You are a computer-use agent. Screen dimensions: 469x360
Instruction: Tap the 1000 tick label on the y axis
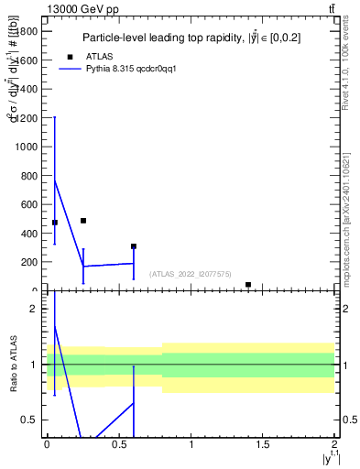[27, 147]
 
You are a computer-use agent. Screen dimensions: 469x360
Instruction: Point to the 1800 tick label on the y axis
[27, 31]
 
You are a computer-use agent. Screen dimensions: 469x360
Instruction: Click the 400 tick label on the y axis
[30, 234]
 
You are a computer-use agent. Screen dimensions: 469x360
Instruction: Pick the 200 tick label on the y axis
[30, 262]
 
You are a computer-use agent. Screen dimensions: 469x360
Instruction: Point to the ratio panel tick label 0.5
[31, 420]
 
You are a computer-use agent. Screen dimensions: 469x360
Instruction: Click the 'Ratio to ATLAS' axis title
[14, 364]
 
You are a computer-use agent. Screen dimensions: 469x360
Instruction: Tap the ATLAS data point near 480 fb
[83, 221]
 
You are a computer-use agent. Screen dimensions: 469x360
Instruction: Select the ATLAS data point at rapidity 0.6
[134, 246]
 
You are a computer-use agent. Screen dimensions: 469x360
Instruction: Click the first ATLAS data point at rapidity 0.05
[55, 223]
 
